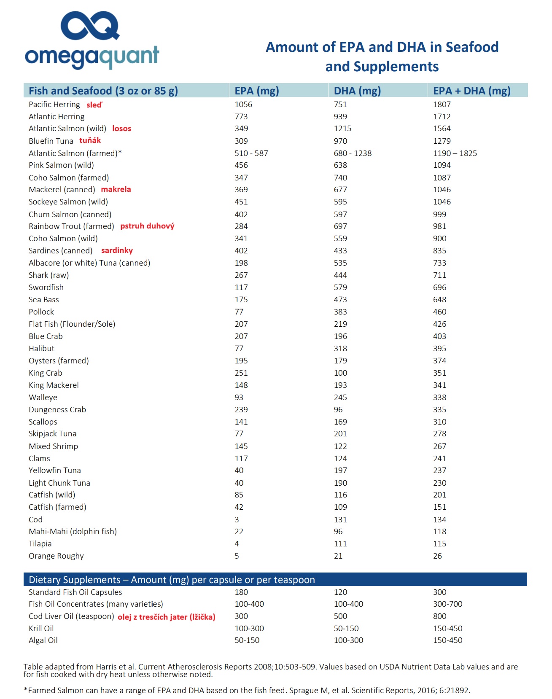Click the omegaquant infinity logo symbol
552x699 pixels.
(89, 26)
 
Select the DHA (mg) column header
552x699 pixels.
(357, 91)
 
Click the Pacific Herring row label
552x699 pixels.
(54, 104)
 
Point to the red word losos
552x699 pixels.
(121, 129)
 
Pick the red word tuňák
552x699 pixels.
(90, 140)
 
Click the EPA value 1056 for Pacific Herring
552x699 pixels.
(243, 104)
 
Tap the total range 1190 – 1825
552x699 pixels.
(455, 153)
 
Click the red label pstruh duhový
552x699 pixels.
(147, 226)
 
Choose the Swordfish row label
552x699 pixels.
(46, 287)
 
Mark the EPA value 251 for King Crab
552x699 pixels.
(241, 373)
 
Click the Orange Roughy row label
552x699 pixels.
(56, 556)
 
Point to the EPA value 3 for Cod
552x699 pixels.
(237, 519)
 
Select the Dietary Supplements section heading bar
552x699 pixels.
(275, 579)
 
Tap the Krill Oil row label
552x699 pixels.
(41, 628)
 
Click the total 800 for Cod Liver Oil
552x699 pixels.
(439, 616)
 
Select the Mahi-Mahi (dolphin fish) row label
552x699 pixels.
(73, 531)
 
